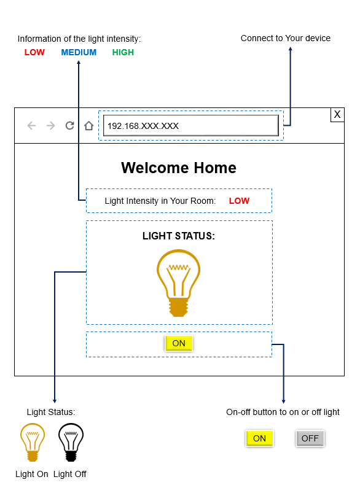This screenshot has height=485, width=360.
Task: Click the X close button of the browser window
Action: coord(337,115)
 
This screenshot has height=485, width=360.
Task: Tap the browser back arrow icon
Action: coord(31,126)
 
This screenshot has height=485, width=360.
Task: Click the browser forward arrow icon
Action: coord(50,126)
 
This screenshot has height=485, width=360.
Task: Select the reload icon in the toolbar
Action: coord(69,125)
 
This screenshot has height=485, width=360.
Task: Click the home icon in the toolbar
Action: coord(89,125)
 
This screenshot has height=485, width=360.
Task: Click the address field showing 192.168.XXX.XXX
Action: coord(191,126)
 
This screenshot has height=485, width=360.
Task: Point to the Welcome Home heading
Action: coord(179,168)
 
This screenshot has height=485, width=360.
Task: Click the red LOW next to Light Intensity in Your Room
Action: coord(239,201)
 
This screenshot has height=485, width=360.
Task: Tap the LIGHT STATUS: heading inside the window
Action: coord(179,236)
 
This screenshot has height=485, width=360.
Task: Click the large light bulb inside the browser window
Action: coord(178,282)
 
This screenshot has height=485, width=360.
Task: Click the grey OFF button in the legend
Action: coord(310,438)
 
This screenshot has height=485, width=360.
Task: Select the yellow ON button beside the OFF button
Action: coord(259,438)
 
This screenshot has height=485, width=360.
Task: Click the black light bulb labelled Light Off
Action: coord(71,442)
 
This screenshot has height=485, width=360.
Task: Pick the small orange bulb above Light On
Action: coord(33,442)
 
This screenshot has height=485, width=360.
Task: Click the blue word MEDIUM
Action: coord(79,52)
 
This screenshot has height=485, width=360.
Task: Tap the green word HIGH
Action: coord(123,52)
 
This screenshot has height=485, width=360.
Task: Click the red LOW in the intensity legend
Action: coord(34,52)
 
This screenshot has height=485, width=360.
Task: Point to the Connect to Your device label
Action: coord(286,38)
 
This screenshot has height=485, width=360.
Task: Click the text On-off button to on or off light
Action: coord(283,412)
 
